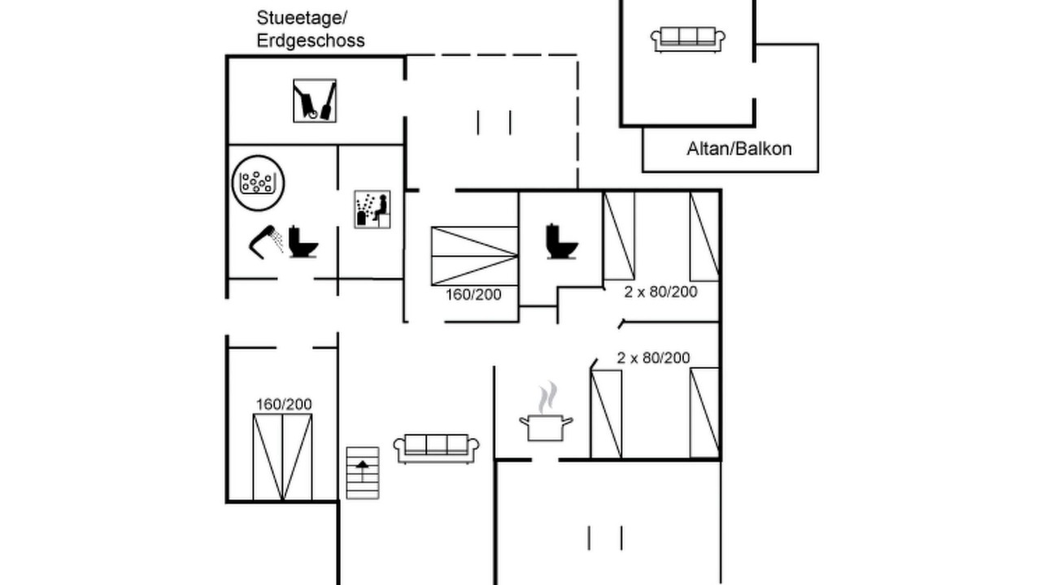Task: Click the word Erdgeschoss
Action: [x=311, y=41]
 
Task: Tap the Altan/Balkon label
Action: [x=738, y=149]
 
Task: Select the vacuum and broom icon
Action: [x=315, y=101]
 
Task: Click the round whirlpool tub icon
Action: [x=258, y=180]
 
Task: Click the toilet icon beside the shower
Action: [x=303, y=241]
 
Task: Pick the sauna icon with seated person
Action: [x=372, y=209]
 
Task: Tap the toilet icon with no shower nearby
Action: [x=561, y=241]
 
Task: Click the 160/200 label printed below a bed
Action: [x=473, y=294]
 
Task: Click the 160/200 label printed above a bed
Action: [x=284, y=404]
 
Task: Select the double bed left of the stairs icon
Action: [x=282, y=457]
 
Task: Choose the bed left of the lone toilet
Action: [x=474, y=256]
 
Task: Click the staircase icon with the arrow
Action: [x=363, y=472]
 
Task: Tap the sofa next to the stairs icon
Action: [x=436, y=448]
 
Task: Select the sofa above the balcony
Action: [x=688, y=38]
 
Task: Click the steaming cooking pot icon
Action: [x=546, y=416]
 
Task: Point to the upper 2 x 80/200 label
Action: [x=660, y=292]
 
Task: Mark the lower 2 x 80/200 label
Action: [x=653, y=357]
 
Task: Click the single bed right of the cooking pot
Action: [x=606, y=414]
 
